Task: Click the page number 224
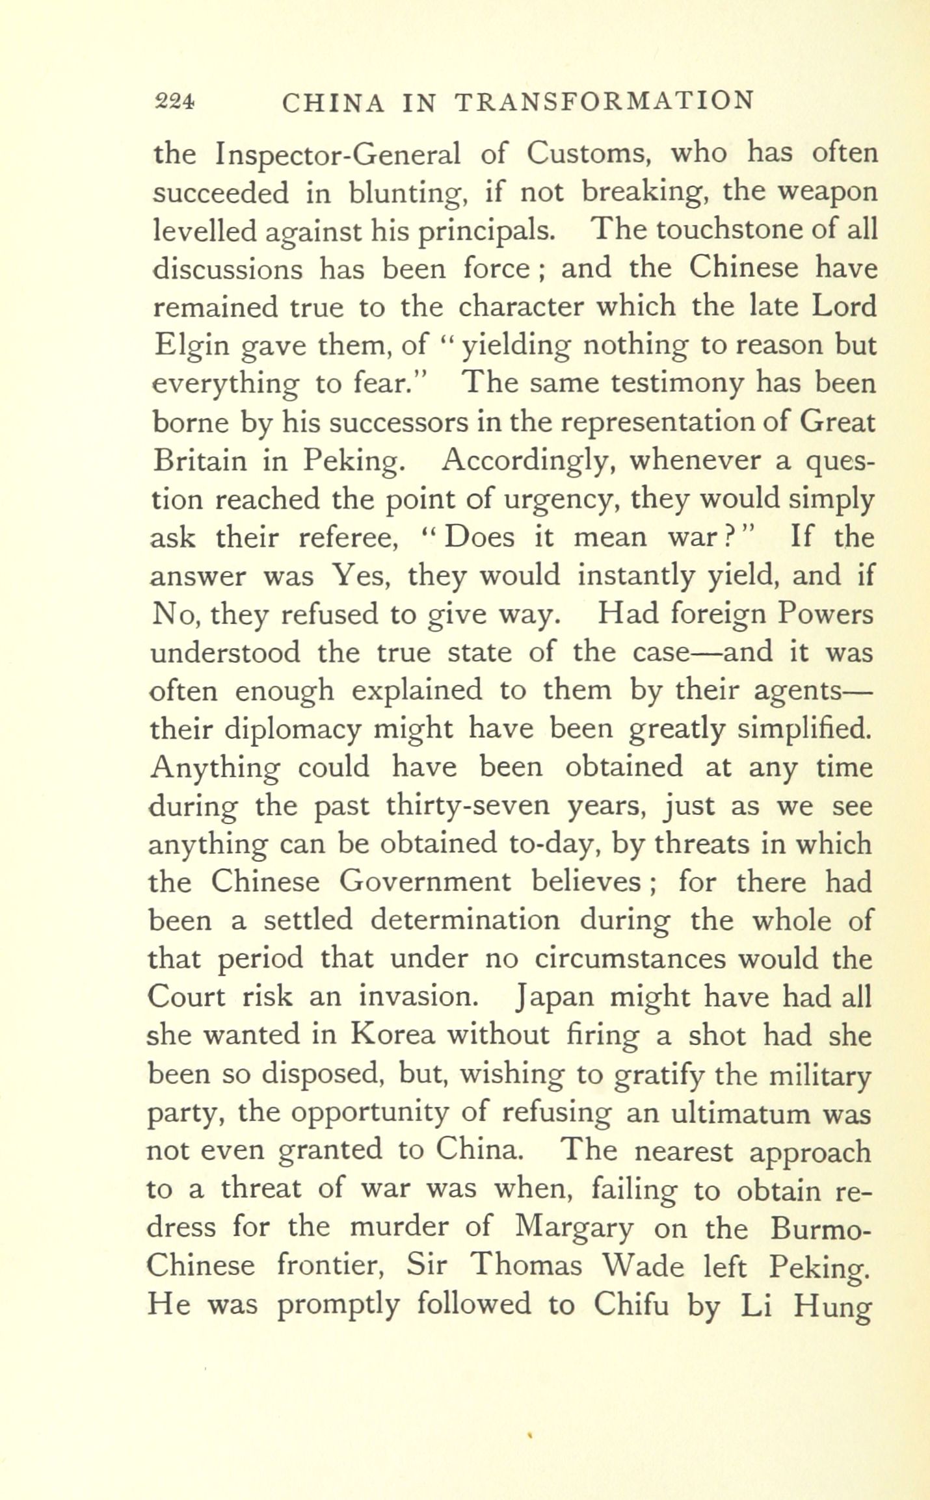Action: [x=174, y=101]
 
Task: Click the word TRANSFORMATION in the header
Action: [x=604, y=103]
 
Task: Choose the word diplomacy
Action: [x=292, y=730]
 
